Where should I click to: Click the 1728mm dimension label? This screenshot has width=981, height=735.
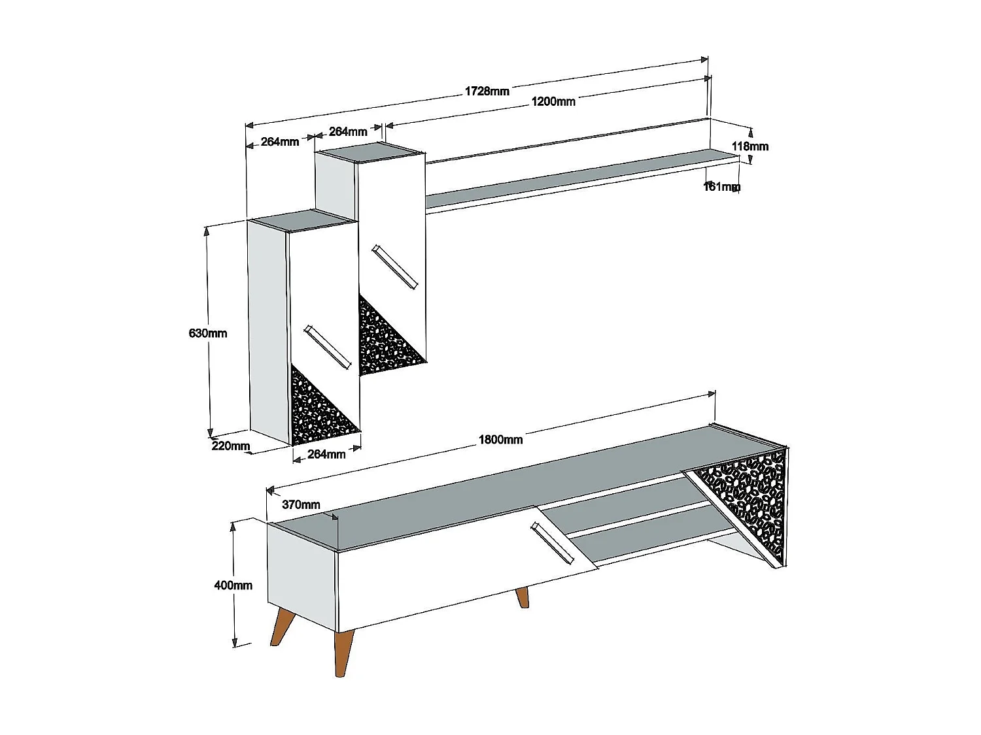point(487,91)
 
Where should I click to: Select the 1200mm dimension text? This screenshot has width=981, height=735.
point(553,101)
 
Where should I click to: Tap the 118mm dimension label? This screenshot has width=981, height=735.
point(749,146)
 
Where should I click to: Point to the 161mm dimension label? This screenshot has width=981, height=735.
point(722,187)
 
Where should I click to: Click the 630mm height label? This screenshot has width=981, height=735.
point(208,333)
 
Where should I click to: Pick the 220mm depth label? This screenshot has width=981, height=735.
point(231,447)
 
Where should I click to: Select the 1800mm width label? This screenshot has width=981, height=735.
point(500,439)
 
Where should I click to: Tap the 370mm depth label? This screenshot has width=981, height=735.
point(301,504)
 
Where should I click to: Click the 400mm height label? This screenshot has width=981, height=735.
point(233,585)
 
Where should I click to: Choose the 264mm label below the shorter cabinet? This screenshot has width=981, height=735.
point(326,454)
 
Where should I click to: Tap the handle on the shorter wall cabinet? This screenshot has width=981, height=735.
point(326,346)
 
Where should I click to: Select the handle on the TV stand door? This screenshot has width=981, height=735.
point(553,543)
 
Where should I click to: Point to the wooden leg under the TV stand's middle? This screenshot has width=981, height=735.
point(522,597)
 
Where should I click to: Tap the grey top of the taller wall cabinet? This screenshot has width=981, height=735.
point(370,152)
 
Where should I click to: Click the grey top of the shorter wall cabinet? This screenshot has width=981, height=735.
point(302,220)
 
